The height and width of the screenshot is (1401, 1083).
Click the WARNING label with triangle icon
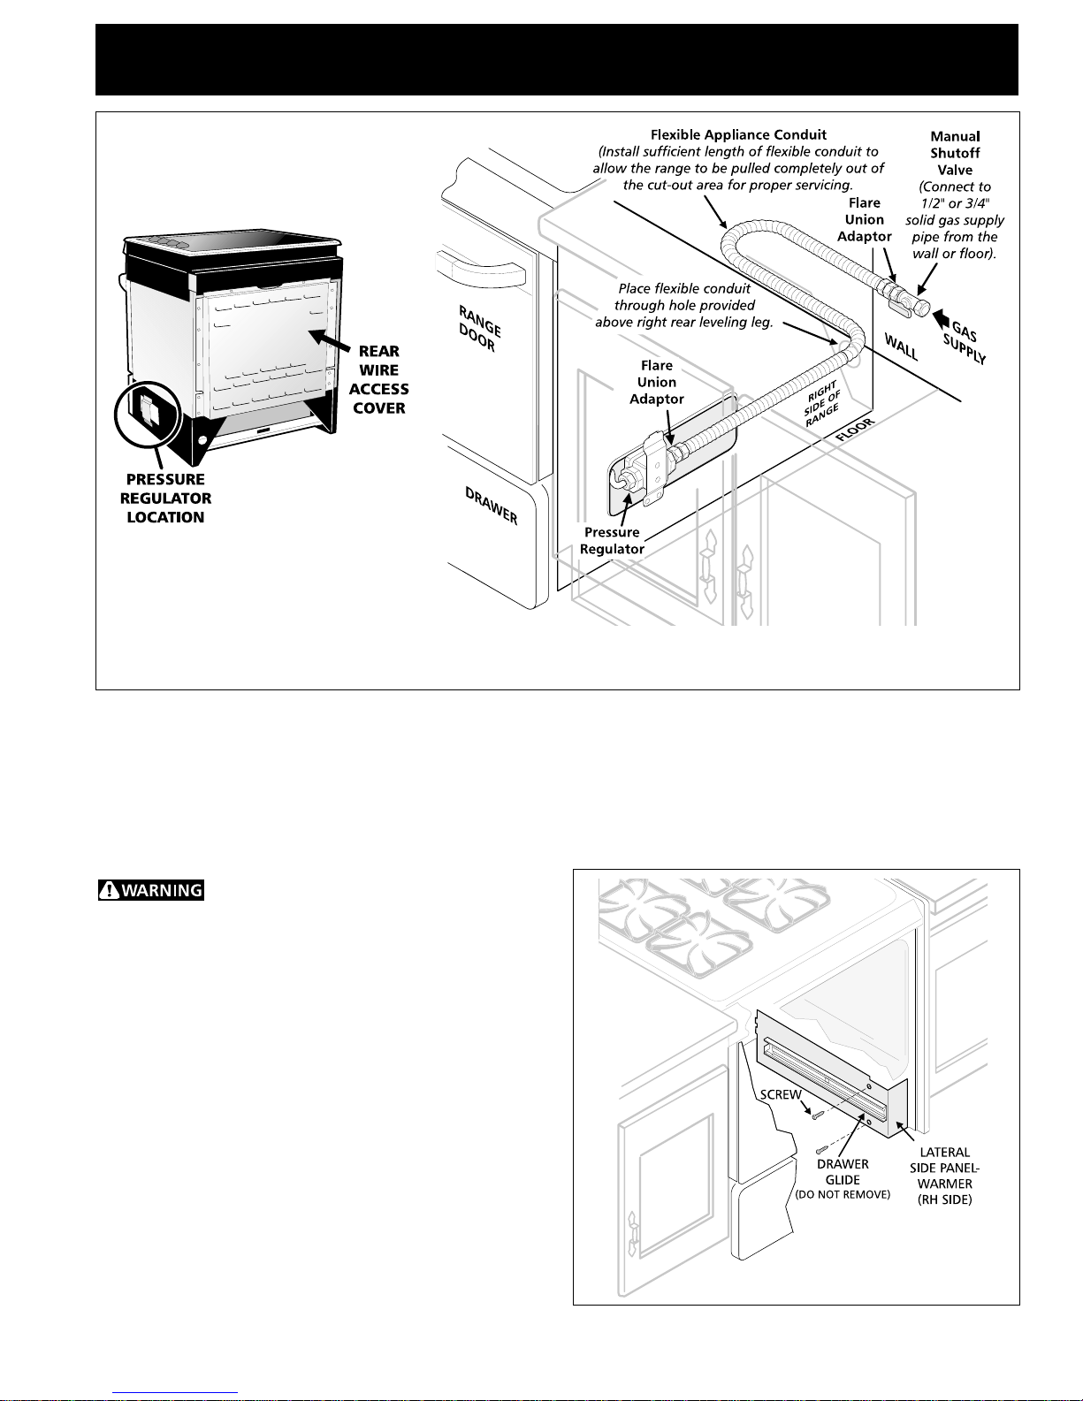[151, 890]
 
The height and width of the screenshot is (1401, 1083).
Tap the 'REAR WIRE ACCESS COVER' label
[378, 379]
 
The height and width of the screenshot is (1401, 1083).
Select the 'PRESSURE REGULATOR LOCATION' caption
[165, 499]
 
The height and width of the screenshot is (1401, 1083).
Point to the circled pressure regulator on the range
[146, 413]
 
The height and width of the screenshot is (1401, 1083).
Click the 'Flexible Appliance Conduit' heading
[738, 135]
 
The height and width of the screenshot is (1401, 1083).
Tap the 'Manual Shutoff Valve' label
[955, 153]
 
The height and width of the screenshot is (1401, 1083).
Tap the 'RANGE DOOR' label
[479, 328]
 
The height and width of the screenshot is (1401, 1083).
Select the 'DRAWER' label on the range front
[492, 505]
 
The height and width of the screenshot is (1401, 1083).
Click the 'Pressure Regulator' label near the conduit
[612, 540]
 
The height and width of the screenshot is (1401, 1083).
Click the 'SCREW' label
[781, 1094]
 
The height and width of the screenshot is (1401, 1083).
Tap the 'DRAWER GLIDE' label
[843, 1172]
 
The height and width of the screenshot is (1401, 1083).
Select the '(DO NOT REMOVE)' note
[843, 1195]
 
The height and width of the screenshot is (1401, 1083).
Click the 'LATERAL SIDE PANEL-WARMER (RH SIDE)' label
[945, 1176]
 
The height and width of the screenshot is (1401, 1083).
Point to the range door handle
[482, 261]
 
